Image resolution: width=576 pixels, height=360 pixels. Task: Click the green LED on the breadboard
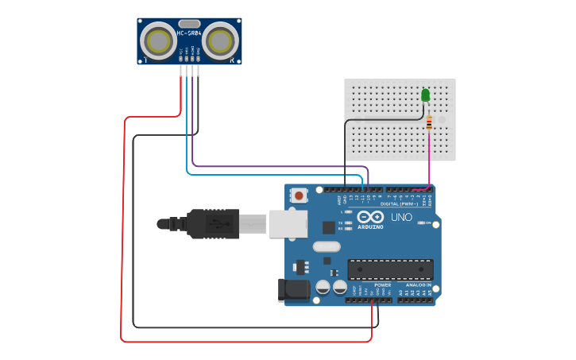[x=425, y=95]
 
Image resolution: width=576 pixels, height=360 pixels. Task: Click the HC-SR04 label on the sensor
[x=189, y=33]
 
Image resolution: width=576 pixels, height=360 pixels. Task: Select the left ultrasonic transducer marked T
[x=159, y=41]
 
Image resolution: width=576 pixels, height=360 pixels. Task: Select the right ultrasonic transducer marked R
[x=220, y=41]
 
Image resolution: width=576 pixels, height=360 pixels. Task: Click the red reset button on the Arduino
[x=299, y=195]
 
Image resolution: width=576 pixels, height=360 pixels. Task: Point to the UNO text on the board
[x=401, y=217]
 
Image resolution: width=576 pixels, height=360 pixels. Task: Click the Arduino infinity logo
[x=370, y=217]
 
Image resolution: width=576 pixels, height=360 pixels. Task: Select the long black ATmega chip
[x=390, y=269]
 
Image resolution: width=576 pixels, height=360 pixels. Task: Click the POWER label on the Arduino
[x=382, y=285]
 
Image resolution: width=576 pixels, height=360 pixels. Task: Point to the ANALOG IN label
[x=419, y=285]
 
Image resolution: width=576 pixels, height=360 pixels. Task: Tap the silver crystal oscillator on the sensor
[x=189, y=24]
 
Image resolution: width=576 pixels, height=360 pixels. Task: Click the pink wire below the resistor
[x=430, y=159]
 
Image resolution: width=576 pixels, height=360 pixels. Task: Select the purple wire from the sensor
[x=278, y=166]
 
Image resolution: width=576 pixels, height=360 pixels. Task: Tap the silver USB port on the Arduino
[x=288, y=223]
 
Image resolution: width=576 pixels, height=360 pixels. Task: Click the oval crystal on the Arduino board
[x=326, y=246]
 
